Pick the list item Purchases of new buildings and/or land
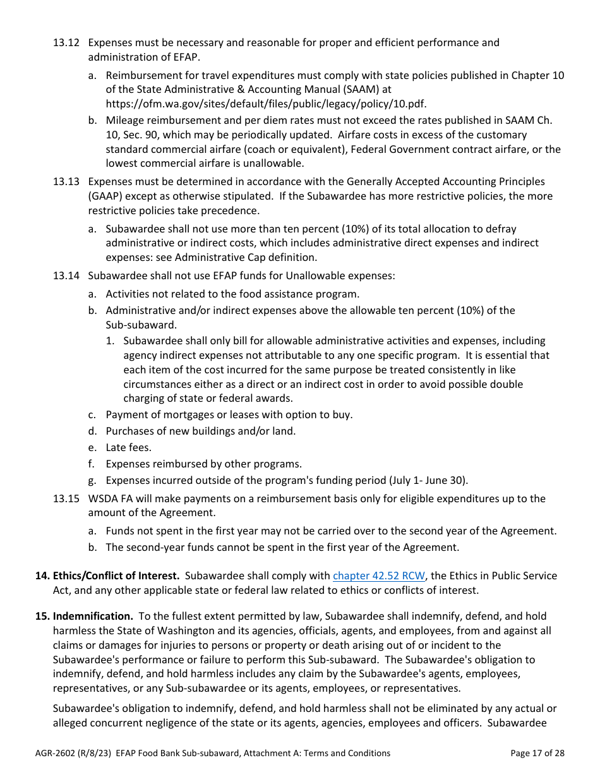(x=200, y=431)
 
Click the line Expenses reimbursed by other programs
(x=203, y=464)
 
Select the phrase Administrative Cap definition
(x=246, y=258)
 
